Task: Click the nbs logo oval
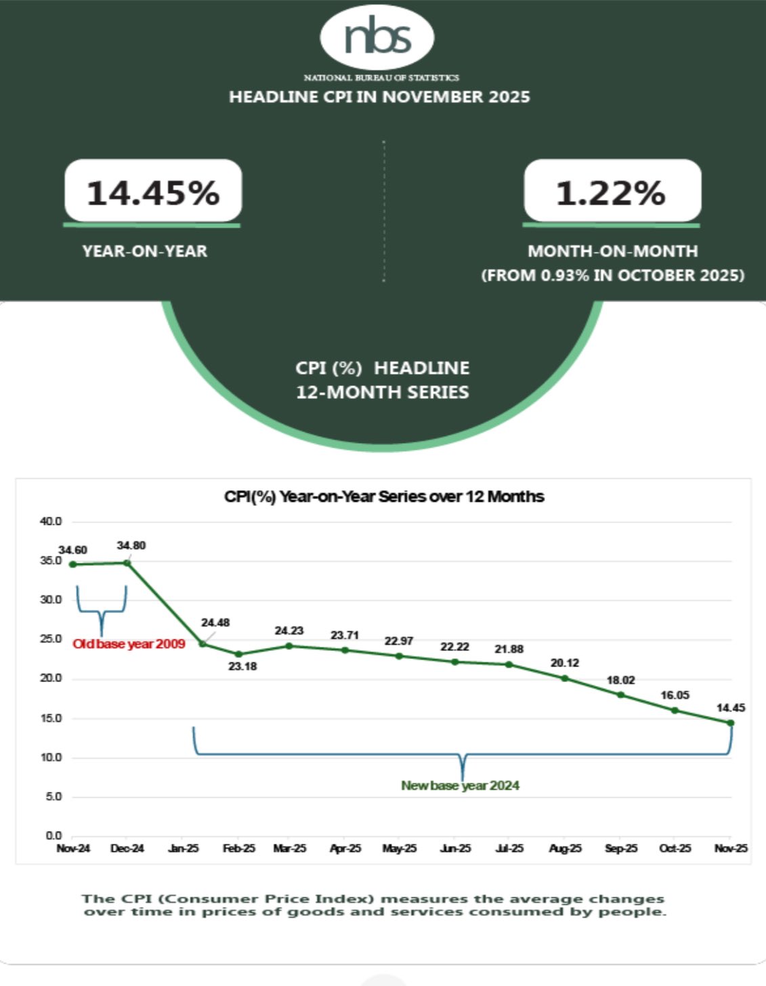tap(377, 37)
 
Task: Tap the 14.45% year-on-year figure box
tap(153, 192)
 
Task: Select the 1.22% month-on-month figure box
tap(612, 192)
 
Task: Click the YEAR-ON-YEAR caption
tap(145, 251)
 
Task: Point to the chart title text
tap(384, 496)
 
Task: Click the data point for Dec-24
tap(127, 562)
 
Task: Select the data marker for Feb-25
tap(239, 654)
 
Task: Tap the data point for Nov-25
tap(731, 723)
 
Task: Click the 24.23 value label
tap(289, 630)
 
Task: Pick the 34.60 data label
tap(72, 550)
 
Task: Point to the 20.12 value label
tap(565, 663)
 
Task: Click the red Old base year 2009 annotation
tap(129, 644)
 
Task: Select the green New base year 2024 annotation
tap(461, 786)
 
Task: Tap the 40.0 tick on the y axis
tap(51, 521)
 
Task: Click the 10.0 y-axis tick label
tap(51, 757)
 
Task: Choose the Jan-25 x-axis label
tap(184, 849)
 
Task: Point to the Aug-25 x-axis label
tap(565, 849)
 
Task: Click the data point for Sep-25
tap(621, 695)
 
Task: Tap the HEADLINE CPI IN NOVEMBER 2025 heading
tap(379, 97)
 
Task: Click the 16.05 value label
tap(675, 695)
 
